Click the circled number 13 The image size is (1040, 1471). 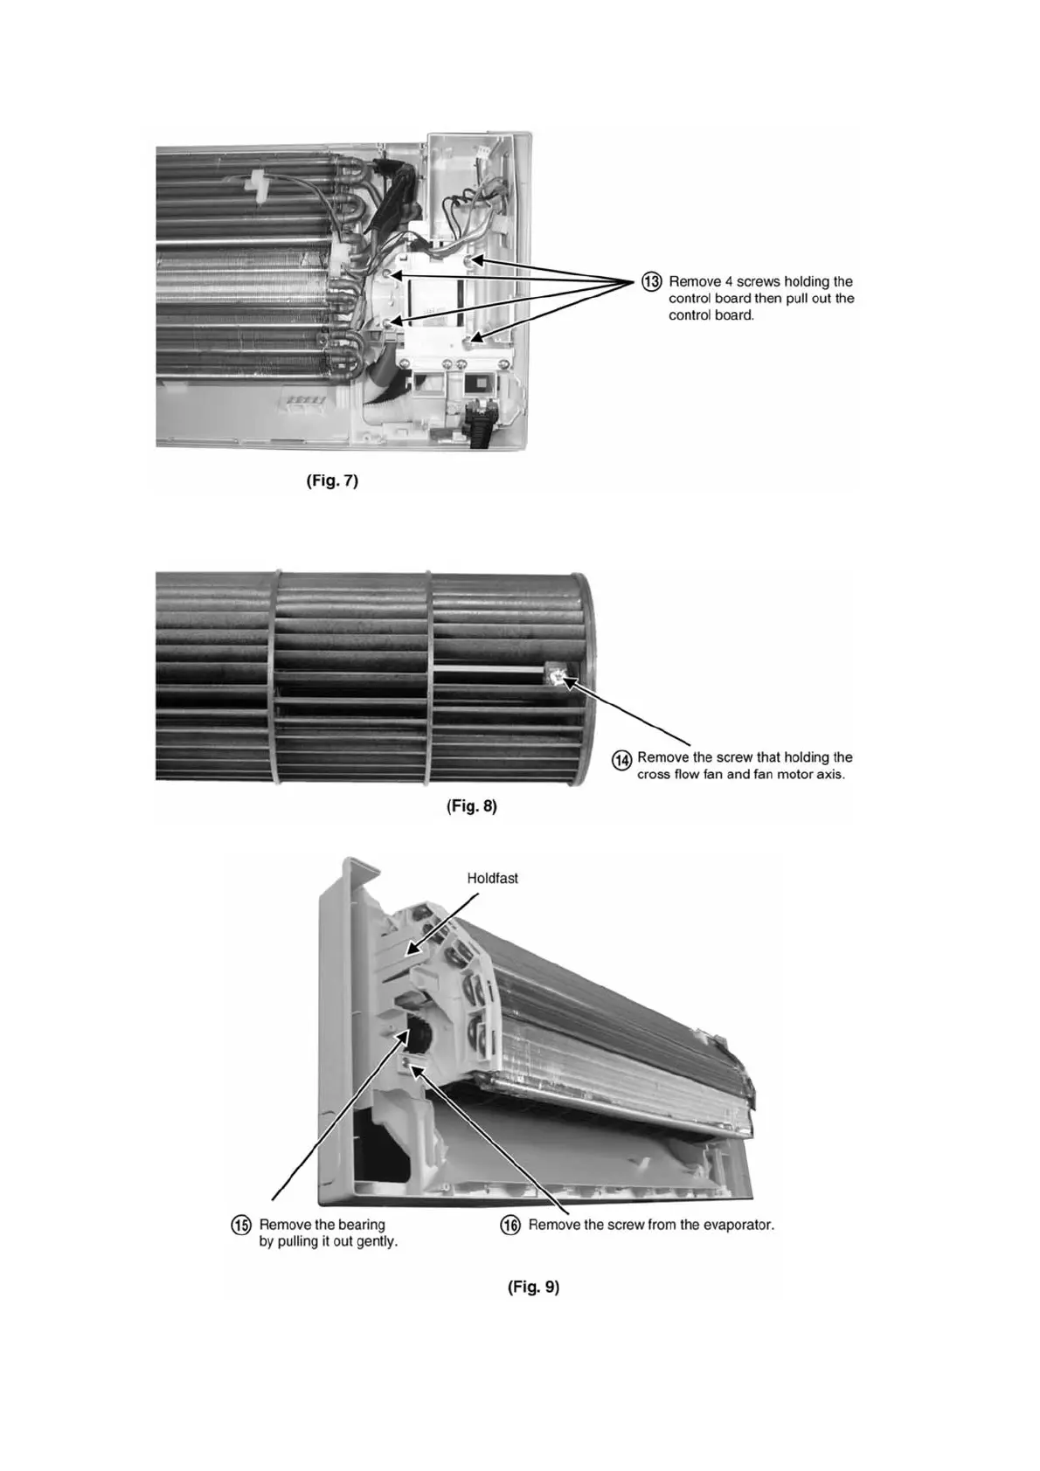[x=652, y=281]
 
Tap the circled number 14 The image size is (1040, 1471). [x=621, y=760]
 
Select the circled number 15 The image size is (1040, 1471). [x=240, y=1225]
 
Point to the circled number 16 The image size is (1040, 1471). [x=510, y=1225]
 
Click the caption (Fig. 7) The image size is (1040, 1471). [x=332, y=480]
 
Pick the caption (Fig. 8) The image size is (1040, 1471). [x=472, y=806]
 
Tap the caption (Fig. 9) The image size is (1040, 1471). [x=533, y=1287]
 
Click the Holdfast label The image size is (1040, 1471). [x=492, y=878]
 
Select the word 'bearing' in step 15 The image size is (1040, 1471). [x=362, y=1225]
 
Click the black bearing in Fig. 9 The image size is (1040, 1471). [x=418, y=1038]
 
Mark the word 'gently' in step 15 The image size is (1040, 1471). [x=377, y=1241]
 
